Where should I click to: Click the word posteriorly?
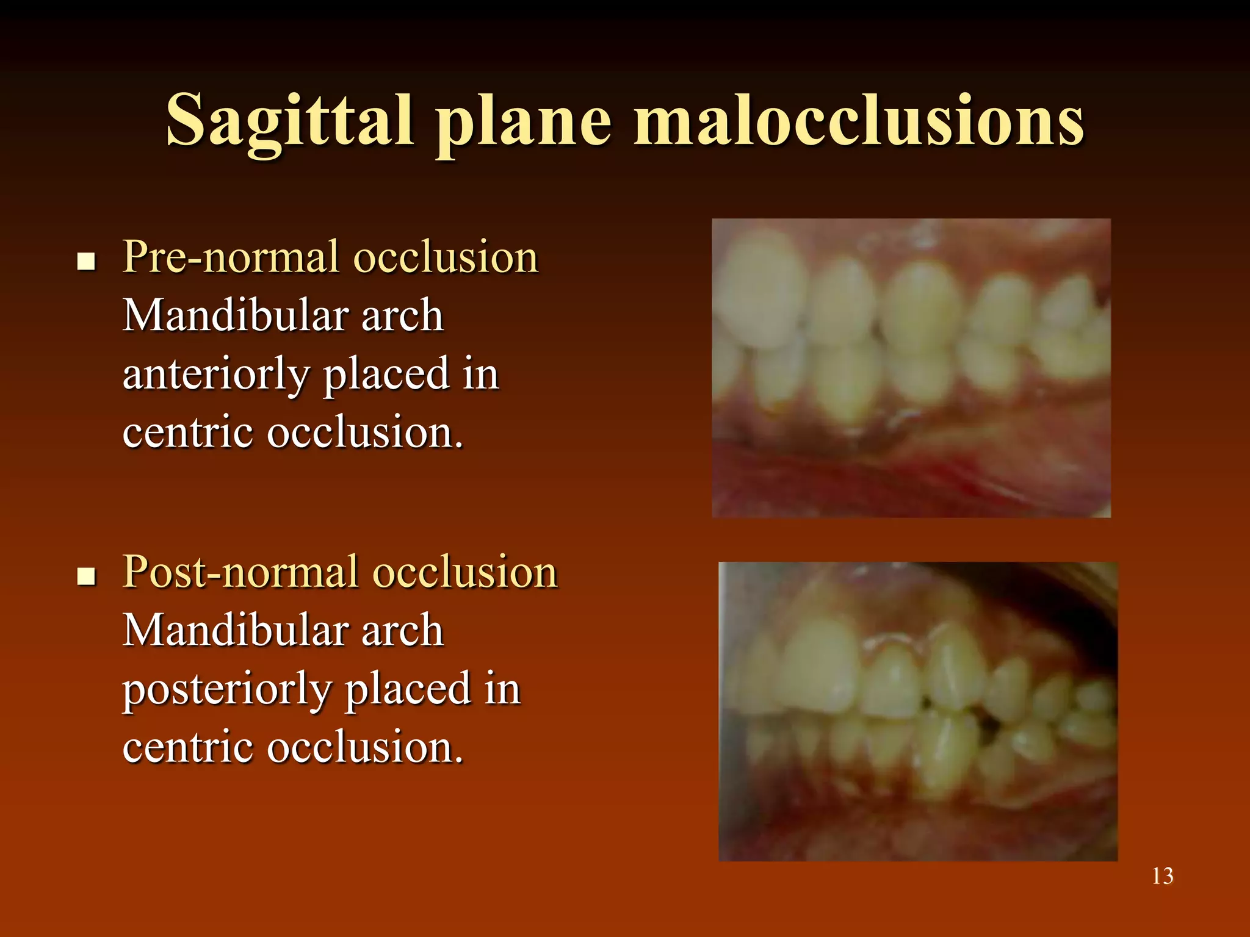[x=226, y=689]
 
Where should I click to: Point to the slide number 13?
[x=1162, y=876]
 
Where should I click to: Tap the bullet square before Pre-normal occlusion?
[x=87, y=262]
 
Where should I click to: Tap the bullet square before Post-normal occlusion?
[x=87, y=576]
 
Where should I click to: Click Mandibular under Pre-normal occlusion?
[x=235, y=315]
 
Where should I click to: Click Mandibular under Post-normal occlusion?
[x=235, y=630]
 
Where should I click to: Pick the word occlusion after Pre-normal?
[x=446, y=257]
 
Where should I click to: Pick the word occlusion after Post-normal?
[x=465, y=572]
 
